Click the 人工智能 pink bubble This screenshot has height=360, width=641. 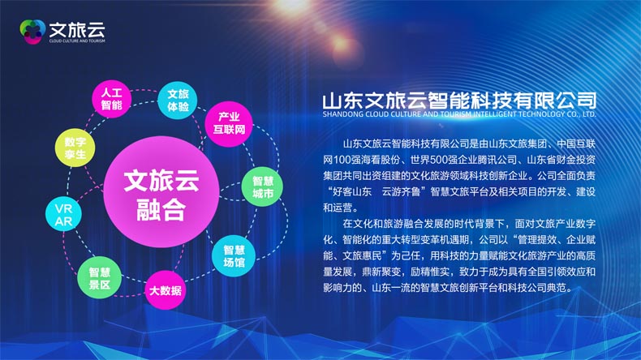[111, 99]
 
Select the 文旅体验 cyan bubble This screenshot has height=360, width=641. [178, 101]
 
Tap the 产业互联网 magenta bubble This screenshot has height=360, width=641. [229, 124]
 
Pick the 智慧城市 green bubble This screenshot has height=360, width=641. [262, 186]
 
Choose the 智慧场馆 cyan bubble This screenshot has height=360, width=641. [234, 256]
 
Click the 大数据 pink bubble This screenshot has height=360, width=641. [166, 290]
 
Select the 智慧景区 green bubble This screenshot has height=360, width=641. [99, 278]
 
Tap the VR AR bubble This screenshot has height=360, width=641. [64, 215]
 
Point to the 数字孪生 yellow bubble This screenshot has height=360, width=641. [75, 148]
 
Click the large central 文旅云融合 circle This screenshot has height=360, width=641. [161, 192]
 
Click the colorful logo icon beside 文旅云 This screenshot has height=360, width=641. [32, 32]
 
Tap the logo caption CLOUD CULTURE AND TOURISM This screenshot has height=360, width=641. [77, 41]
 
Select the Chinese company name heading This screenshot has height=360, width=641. [459, 101]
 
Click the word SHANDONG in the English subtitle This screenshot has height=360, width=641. [342, 114]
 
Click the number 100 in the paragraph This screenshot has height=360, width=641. [342, 160]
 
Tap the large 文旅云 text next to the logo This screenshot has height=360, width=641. [77, 29]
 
